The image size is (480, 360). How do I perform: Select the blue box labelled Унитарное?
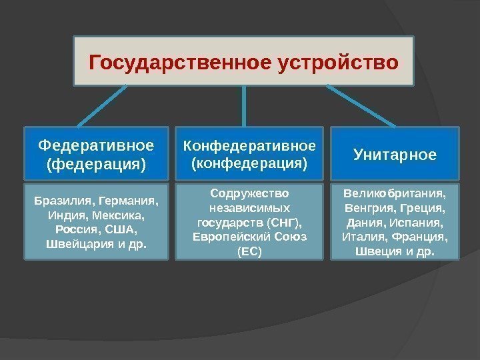click(x=395, y=155)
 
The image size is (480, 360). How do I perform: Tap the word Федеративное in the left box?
click(x=96, y=145)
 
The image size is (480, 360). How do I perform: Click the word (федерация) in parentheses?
click(x=96, y=163)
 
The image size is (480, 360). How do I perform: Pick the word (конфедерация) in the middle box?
click(x=249, y=163)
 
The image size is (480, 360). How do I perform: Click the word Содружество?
click(x=249, y=193)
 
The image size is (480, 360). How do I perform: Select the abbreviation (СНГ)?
click(x=285, y=223)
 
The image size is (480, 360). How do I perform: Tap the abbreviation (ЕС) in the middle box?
click(x=249, y=252)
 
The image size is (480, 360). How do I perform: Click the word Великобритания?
click(x=395, y=193)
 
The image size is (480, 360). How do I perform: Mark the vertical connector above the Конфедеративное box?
click(x=245, y=106)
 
